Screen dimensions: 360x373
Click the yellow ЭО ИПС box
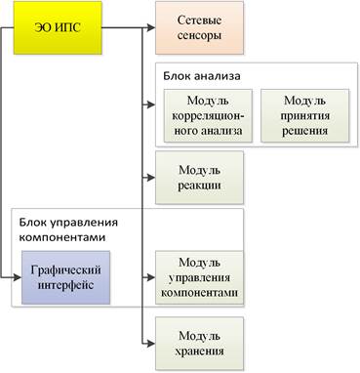pos(58,27)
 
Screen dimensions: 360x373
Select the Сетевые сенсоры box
pos(199,27)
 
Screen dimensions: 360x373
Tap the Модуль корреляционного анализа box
pos(208,116)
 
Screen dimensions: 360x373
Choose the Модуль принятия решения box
pos(305,116)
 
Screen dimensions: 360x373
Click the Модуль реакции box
pos(199,178)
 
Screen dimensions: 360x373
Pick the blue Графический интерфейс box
pos(65,277)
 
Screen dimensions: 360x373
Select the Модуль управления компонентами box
pos(199,277)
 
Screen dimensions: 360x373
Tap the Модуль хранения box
pos(199,344)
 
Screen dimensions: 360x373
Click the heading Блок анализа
pos(202,76)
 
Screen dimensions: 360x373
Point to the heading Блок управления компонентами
pos(68,229)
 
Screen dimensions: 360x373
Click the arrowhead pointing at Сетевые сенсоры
pos(151,27)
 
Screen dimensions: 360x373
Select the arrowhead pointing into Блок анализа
pos(151,104)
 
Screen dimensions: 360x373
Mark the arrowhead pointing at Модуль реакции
pos(151,178)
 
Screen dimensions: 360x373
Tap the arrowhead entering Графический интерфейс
pos(18,277)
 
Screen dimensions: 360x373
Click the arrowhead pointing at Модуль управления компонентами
pos(151,277)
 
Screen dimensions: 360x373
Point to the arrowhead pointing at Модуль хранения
pos(151,344)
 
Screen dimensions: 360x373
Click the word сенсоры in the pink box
pos(199,35)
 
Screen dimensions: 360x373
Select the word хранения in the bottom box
pos(199,352)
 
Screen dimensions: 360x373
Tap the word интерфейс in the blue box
pos(65,285)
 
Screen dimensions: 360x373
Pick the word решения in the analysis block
pos(304,131)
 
